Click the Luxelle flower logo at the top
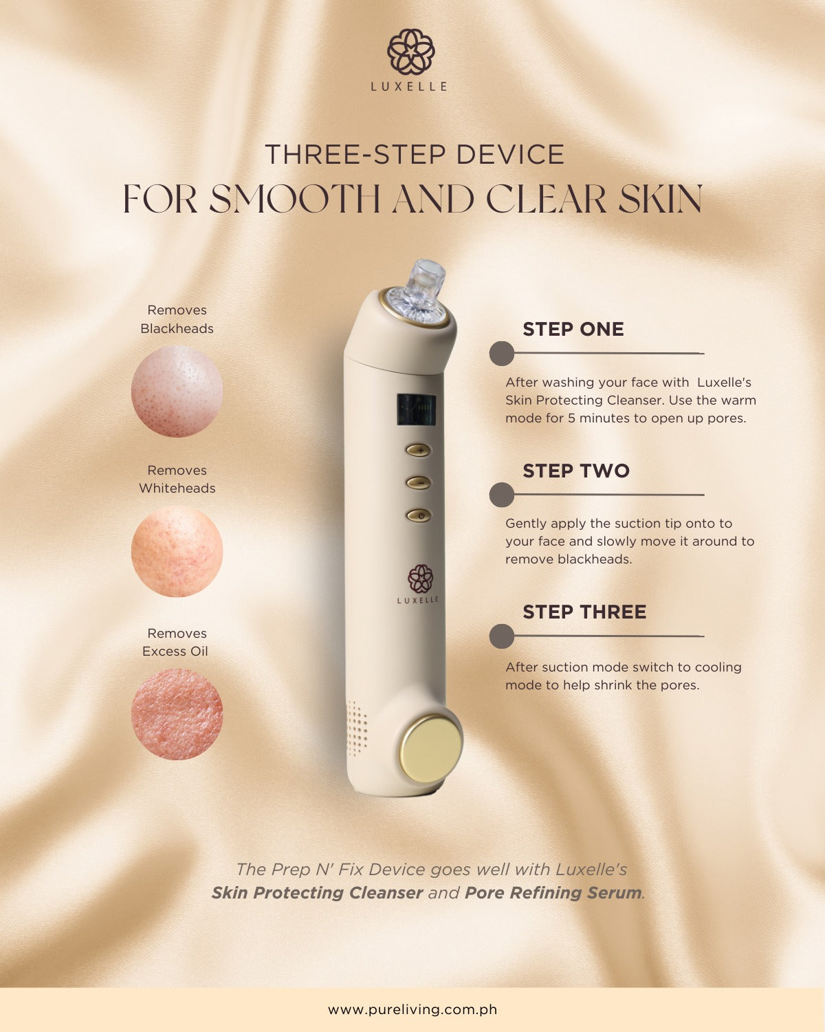coord(411,52)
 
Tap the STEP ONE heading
coord(573,330)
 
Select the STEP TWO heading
coord(576,471)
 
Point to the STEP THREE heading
coord(584,612)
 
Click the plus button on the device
coord(419,451)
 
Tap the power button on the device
coord(419,515)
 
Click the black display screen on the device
coord(416,409)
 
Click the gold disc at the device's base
coord(430,748)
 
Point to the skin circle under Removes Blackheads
coord(177,391)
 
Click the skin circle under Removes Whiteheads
coord(177,552)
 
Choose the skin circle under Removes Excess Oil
coord(177,714)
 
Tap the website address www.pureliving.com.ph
coord(412,1009)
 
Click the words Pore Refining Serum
coord(553,893)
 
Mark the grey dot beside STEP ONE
coord(501,354)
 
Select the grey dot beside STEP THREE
coord(501,636)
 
